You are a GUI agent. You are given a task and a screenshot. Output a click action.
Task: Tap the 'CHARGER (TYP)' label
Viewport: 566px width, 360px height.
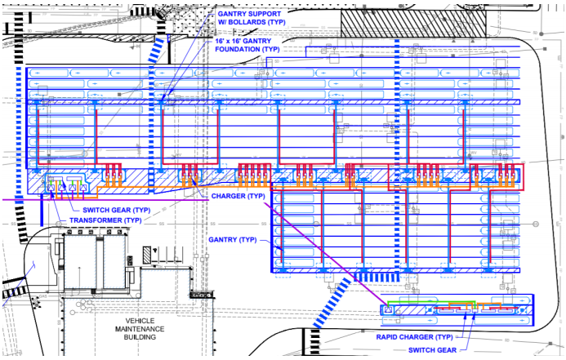[x=237, y=197]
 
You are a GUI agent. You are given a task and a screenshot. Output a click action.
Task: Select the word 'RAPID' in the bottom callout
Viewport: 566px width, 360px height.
[x=389, y=336]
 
